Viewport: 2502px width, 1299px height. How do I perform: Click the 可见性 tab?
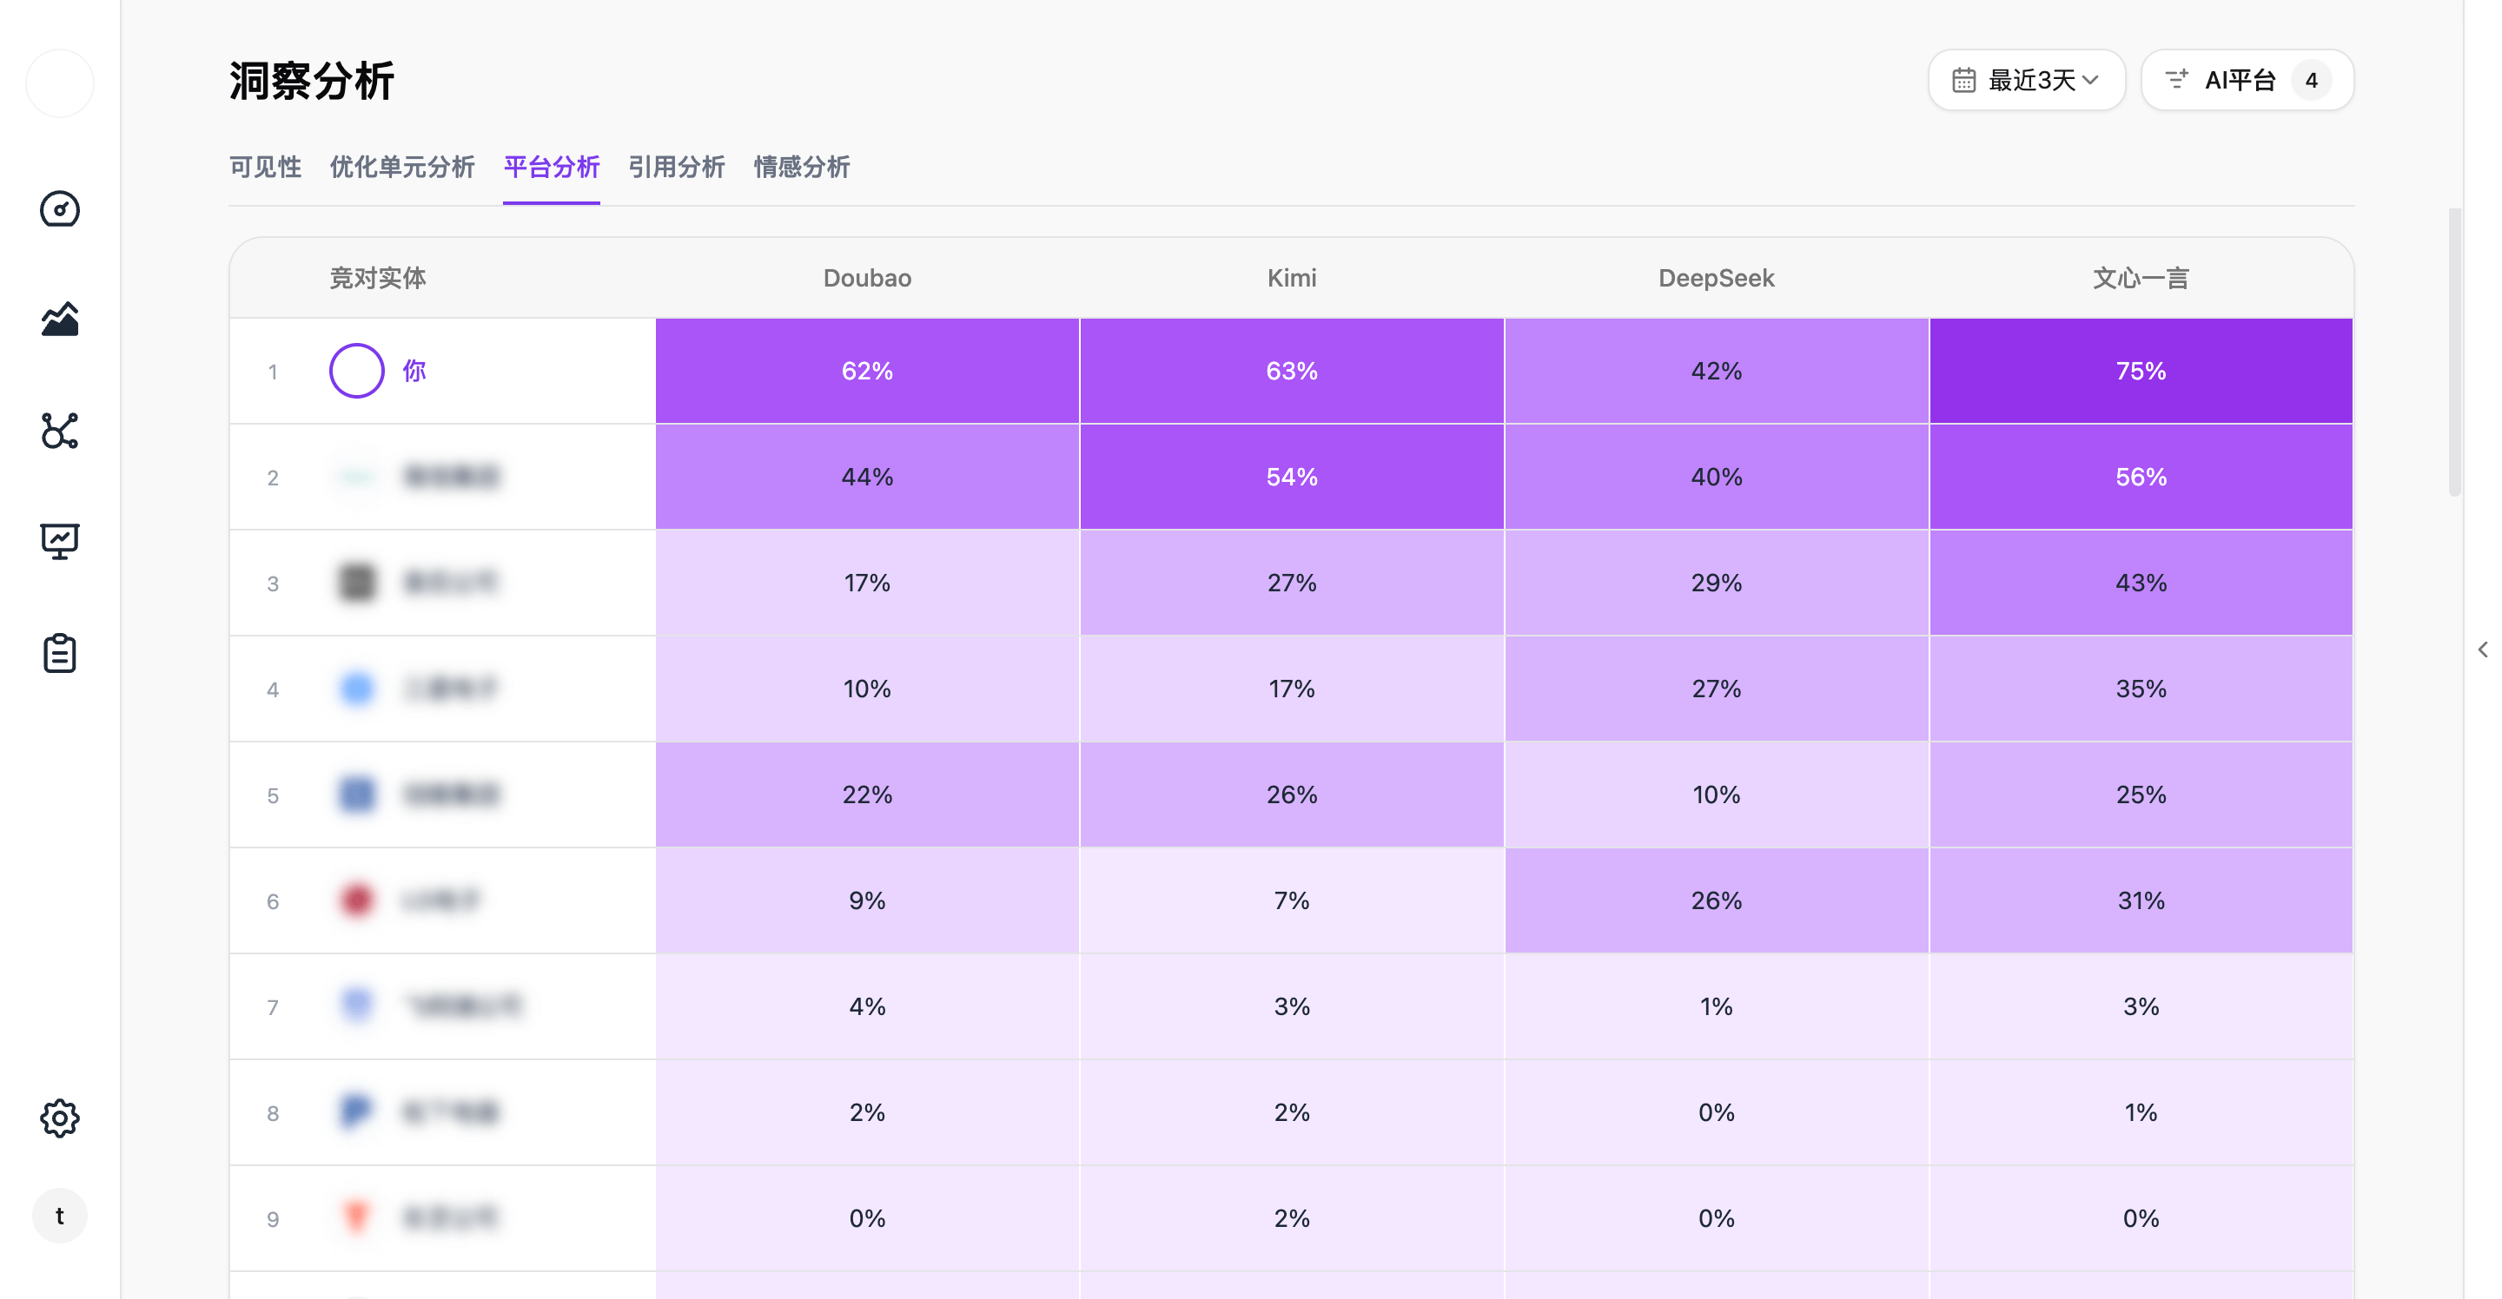[265, 167]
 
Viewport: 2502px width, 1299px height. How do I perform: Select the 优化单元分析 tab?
[402, 167]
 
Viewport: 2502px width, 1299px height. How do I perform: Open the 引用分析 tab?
[676, 167]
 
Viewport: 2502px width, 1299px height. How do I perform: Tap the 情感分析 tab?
[801, 167]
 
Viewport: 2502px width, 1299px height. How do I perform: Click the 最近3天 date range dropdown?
[2027, 81]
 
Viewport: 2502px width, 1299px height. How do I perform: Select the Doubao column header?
[866, 279]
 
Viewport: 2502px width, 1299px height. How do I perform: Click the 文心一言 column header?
[2140, 279]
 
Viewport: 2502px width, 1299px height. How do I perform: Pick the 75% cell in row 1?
[2141, 371]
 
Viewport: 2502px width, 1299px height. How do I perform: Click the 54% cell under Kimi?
[1292, 477]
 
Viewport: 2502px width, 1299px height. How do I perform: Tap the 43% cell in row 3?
[2141, 583]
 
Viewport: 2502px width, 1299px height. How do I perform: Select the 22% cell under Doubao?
[866, 795]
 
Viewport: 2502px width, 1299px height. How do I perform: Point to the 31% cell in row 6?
[2141, 900]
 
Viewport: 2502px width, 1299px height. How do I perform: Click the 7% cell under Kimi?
[1292, 900]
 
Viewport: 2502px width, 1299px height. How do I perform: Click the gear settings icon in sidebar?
[59, 1118]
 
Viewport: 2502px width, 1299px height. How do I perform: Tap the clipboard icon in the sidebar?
[59, 653]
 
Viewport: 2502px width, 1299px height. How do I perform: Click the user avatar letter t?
[59, 1216]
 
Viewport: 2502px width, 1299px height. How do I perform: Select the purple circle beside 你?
[356, 371]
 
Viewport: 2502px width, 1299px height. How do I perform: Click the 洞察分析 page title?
[312, 81]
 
